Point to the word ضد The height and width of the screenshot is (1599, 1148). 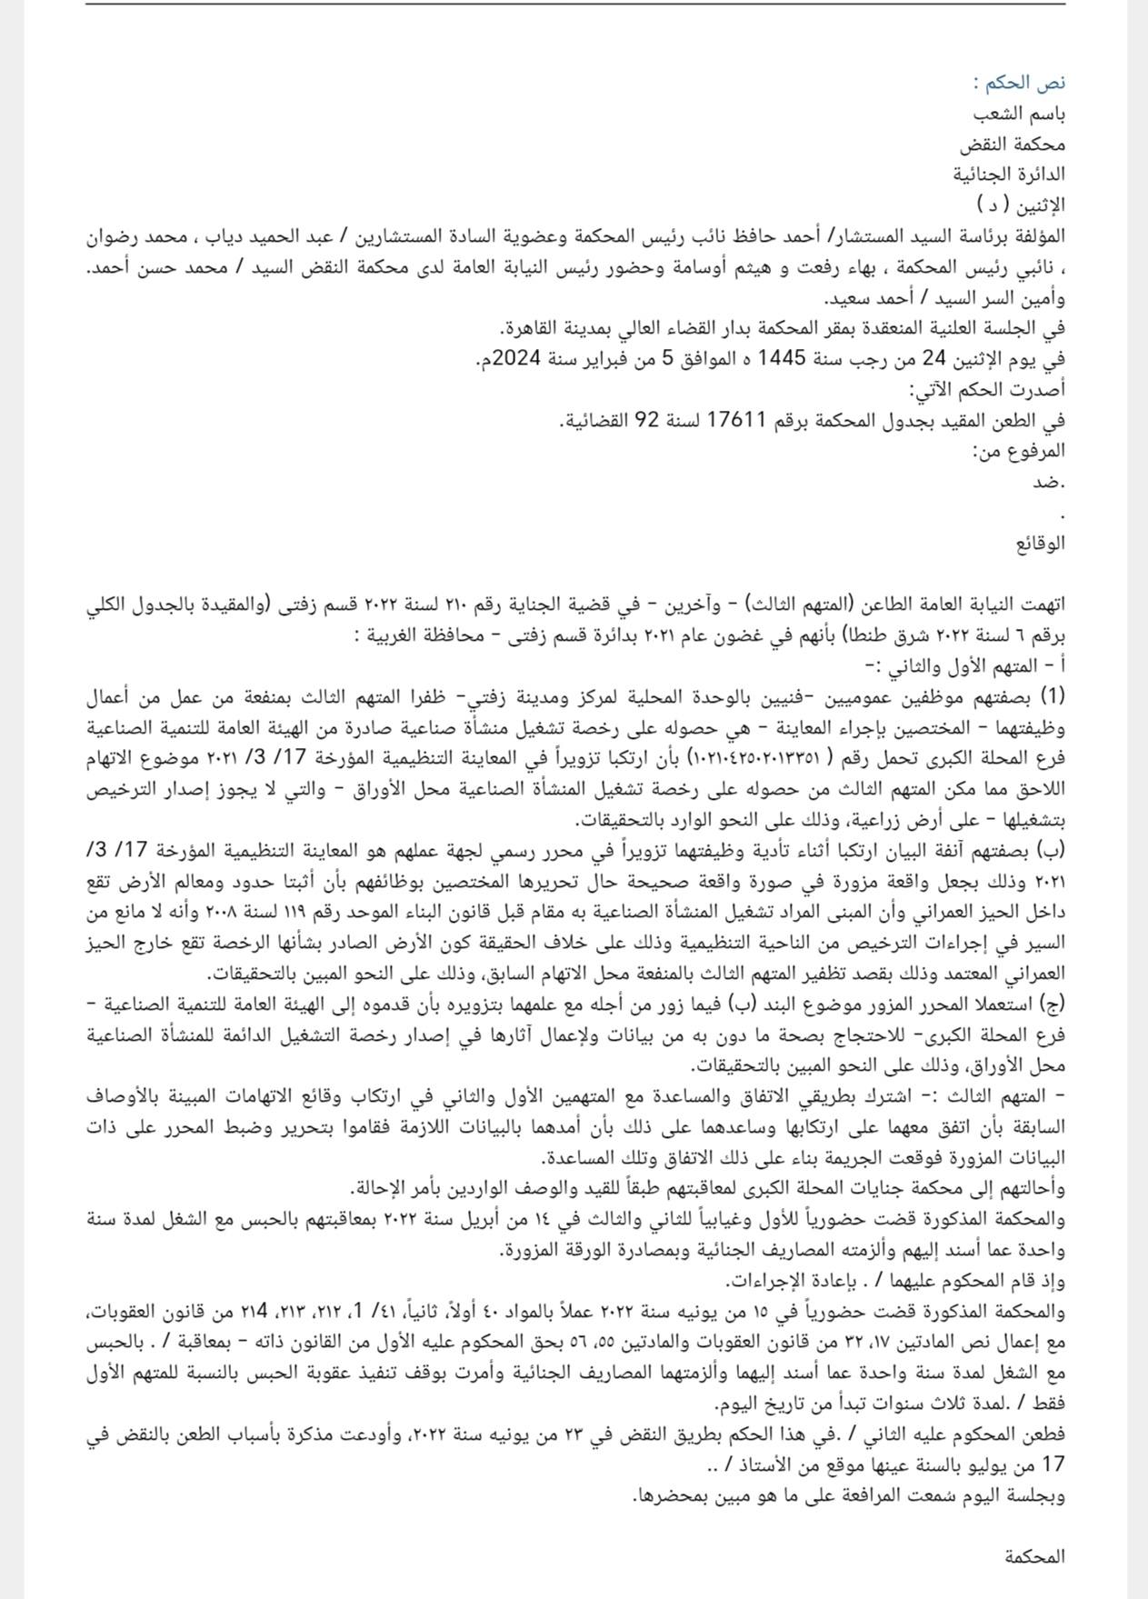[x=1052, y=483]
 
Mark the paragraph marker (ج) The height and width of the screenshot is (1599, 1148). [x=1053, y=1005]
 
